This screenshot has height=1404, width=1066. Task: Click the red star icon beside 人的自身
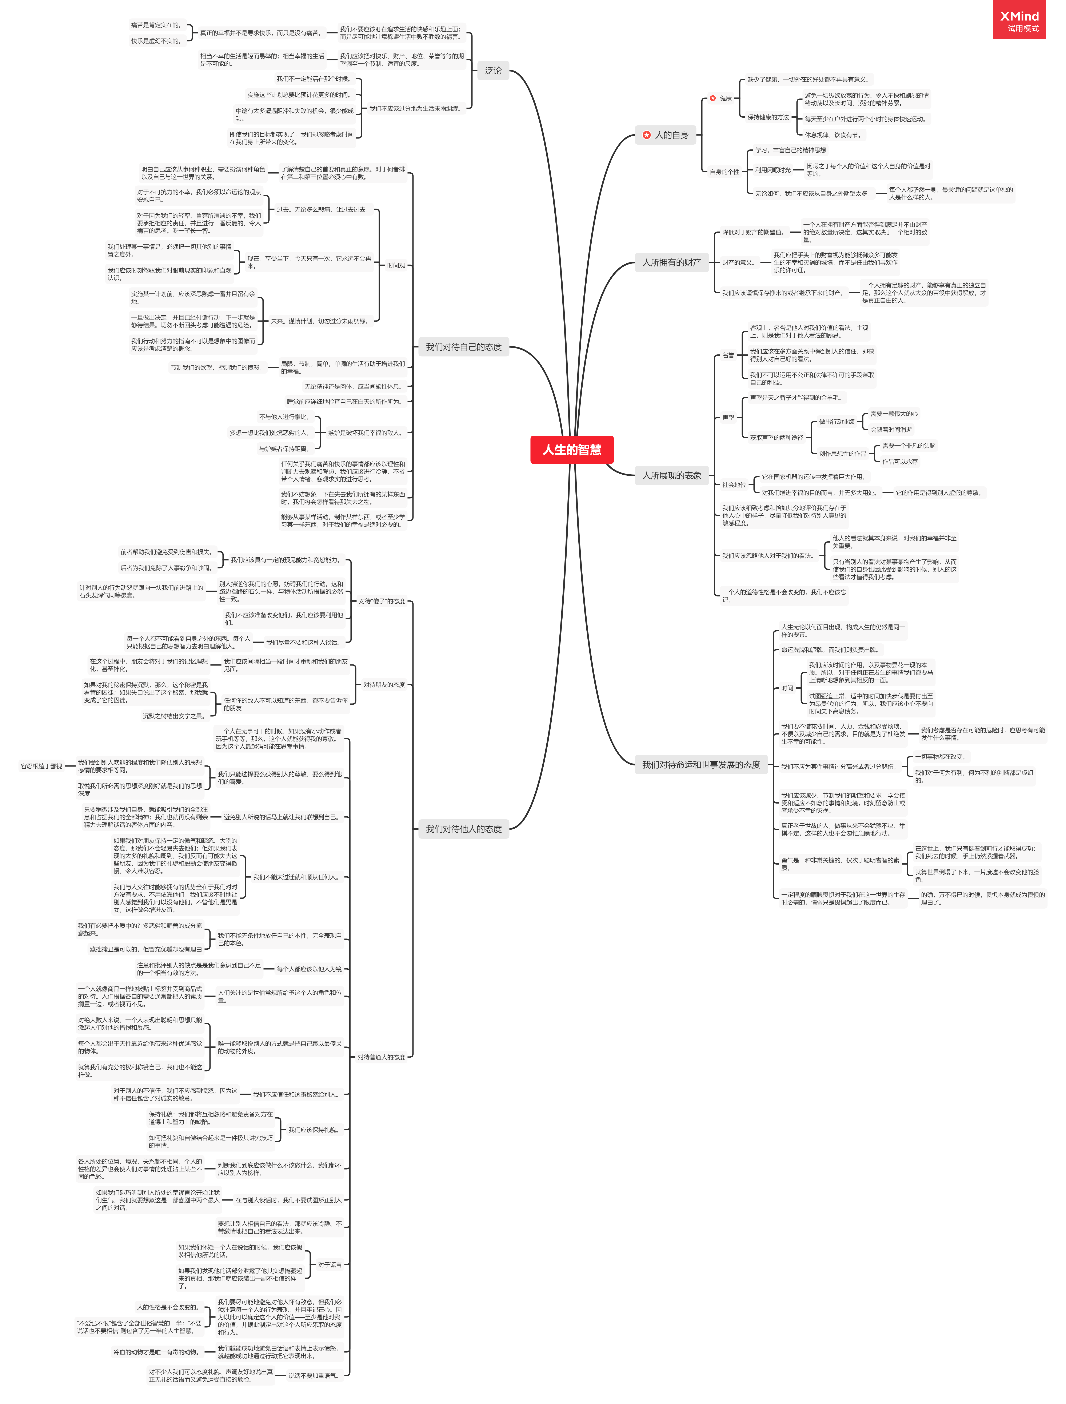point(646,134)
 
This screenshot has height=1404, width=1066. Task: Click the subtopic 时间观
point(396,265)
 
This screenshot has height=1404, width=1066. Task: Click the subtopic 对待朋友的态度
point(383,685)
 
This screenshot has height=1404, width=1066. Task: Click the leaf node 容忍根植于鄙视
point(41,766)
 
